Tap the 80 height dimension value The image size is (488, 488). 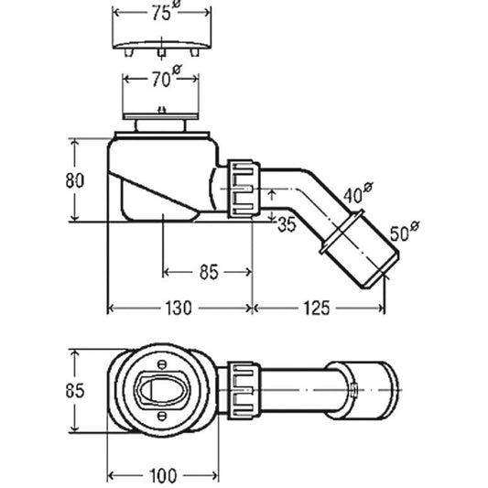click(x=75, y=180)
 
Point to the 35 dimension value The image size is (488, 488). click(x=287, y=224)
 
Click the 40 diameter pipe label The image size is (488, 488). click(x=358, y=193)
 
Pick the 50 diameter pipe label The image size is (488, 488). click(x=405, y=232)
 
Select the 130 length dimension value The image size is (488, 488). click(x=178, y=309)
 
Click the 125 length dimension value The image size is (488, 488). click(x=316, y=309)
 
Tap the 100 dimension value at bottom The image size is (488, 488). click(x=163, y=476)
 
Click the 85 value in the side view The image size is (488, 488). click(x=209, y=272)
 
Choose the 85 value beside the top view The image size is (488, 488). click(x=75, y=390)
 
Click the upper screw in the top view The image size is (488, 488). click(x=162, y=364)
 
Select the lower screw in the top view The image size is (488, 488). click(x=162, y=415)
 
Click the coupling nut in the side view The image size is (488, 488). click(x=244, y=189)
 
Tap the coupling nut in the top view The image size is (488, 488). click(x=244, y=390)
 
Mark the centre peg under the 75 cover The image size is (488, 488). click(x=161, y=53)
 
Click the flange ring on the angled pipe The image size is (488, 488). click(x=342, y=232)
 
